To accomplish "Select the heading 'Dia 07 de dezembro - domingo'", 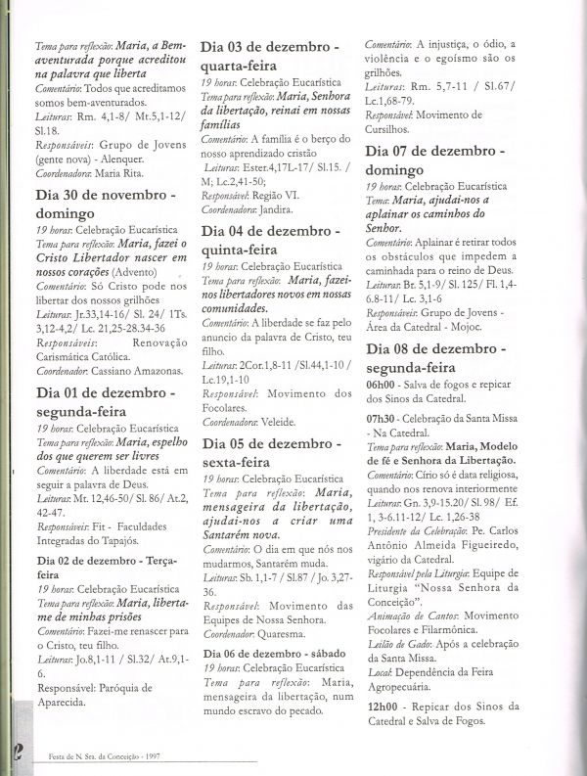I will [435, 162].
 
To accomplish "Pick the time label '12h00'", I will [381, 707].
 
